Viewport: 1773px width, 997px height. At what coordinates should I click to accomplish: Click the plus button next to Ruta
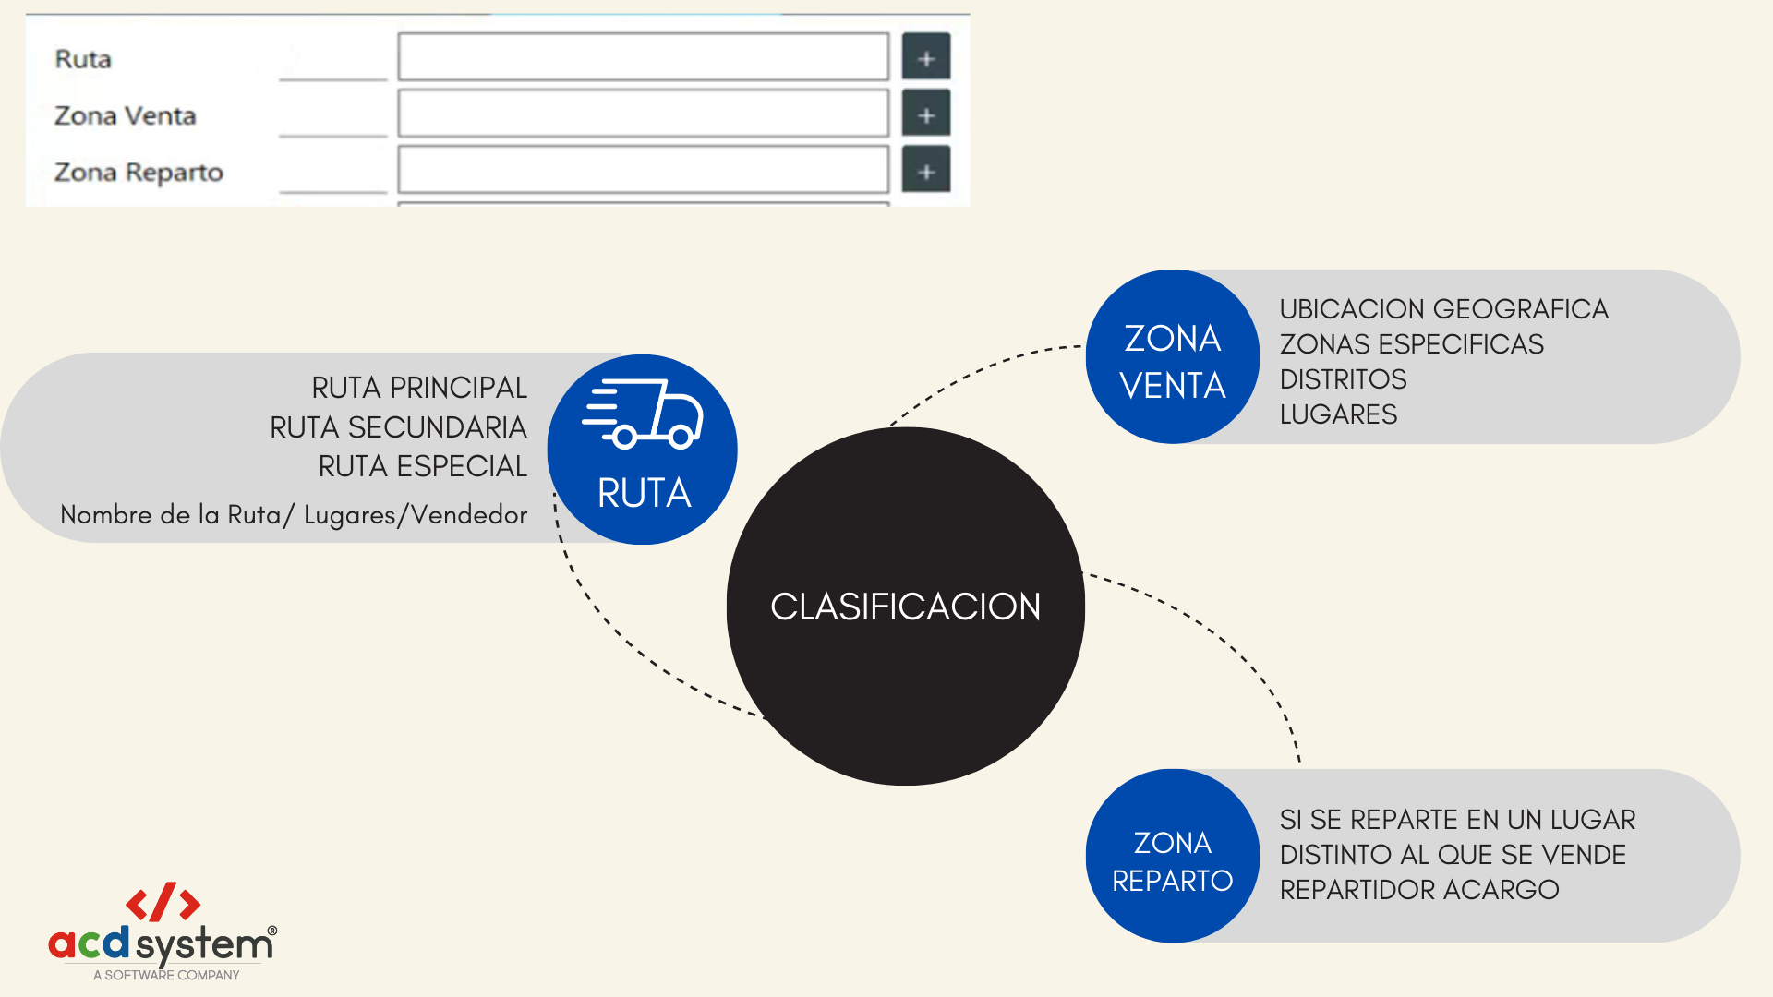(x=925, y=58)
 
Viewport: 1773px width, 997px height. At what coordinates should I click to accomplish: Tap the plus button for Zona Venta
(x=925, y=115)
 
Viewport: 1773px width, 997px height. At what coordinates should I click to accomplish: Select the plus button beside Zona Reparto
(x=925, y=171)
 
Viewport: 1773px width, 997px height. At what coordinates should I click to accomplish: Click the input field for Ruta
(x=643, y=57)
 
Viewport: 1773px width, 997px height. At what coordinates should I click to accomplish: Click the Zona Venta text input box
(x=643, y=114)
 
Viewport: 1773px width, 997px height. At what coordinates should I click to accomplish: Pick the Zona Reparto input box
(x=643, y=170)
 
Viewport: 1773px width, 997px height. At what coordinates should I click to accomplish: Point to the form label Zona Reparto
(x=139, y=173)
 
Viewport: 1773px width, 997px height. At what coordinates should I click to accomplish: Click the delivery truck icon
(x=643, y=414)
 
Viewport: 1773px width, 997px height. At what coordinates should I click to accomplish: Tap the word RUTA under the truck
(x=644, y=493)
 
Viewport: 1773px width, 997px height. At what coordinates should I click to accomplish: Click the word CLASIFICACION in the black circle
(x=905, y=607)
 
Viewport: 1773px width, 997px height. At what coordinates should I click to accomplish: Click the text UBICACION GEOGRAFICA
(x=1443, y=309)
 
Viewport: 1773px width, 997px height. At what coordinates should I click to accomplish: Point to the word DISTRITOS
(x=1343, y=379)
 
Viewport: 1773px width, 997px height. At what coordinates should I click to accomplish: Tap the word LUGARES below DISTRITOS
(x=1338, y=414)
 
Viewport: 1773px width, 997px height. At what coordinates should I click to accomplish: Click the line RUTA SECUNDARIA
(x=398, y=427)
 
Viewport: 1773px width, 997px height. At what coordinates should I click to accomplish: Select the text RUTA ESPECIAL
(x=422, y=466)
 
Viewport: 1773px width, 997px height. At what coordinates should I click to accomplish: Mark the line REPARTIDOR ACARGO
(x=1418, y=890)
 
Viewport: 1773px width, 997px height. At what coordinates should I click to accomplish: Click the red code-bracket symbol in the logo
(x=163, y=903)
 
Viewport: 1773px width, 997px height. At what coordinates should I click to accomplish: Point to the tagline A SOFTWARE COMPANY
(x=166, y=975)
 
